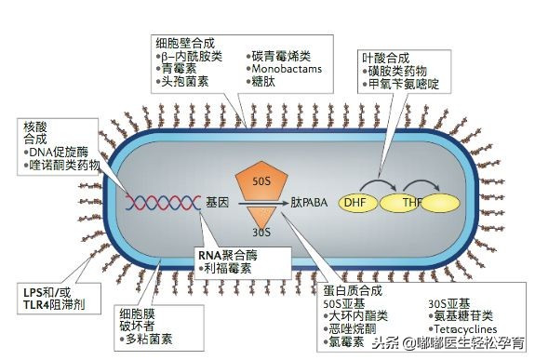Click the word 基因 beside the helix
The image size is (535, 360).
(x=217, y=202)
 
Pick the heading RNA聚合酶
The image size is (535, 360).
(x=226, y=254)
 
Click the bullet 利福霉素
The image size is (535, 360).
(x=228, y=268)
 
